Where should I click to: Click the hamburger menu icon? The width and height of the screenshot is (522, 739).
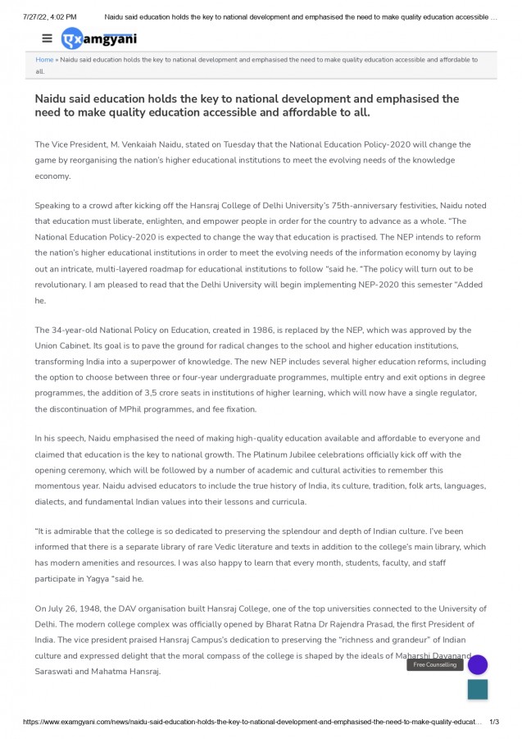coord(47,39)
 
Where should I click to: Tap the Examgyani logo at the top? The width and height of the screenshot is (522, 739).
coord(99,39)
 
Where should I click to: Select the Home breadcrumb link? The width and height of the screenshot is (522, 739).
coord(44,60)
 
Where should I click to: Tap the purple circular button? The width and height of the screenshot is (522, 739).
coord(477,664)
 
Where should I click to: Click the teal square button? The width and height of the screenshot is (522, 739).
coord(477,689)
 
